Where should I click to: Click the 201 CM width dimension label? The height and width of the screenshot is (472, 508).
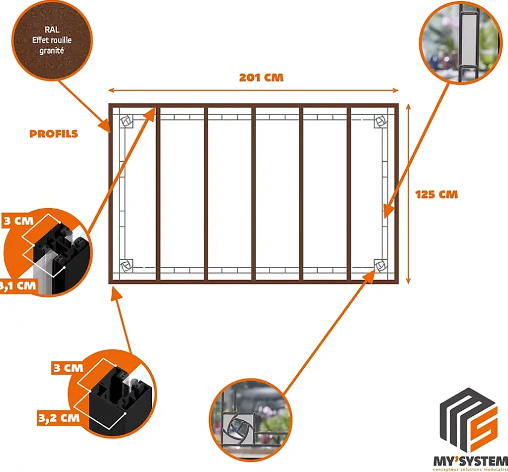[x=261, y=77]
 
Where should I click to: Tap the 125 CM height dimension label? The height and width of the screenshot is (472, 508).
[x=437, y=194]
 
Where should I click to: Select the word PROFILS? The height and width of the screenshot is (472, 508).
[x=54, y=134]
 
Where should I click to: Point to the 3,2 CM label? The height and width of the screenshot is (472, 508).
[x=58, y=417]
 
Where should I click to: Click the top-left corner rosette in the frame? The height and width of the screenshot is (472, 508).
[x=126, y=122]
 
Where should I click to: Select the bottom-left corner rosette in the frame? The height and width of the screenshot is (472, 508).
[x=126, y=265]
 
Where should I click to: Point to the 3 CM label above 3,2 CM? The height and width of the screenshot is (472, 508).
[x=68, y=368]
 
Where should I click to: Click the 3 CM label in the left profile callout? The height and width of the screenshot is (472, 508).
[x=17, y=222]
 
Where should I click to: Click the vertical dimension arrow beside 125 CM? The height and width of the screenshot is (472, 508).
[x=408, y=194]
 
